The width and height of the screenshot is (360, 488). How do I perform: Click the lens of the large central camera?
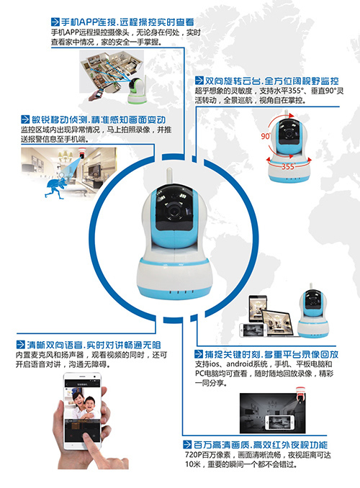[x=173, y=210]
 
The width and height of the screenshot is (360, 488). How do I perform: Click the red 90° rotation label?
[x=266, y=136]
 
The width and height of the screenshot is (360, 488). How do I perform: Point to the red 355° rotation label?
[x=288, y=166]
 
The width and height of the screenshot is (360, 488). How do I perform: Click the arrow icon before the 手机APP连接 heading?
[x=55, y=22]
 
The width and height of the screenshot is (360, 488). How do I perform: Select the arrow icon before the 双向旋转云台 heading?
[x=199, y=81]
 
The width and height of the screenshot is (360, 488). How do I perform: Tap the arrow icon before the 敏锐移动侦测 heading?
[x=25, y=119]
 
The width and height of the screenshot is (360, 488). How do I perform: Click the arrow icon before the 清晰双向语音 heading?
[x=21, y=344]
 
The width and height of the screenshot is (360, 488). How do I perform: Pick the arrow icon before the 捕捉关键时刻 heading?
[x=199, y=353]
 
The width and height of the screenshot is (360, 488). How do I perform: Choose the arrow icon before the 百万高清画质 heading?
[x=187, y=444]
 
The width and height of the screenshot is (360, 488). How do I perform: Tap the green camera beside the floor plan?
[x=137, y=90]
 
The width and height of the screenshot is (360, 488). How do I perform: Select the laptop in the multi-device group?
[x=278, y=323]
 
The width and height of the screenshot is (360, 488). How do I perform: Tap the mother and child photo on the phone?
[x=83, y=403]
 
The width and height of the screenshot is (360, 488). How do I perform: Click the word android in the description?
[x=239, y=363]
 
